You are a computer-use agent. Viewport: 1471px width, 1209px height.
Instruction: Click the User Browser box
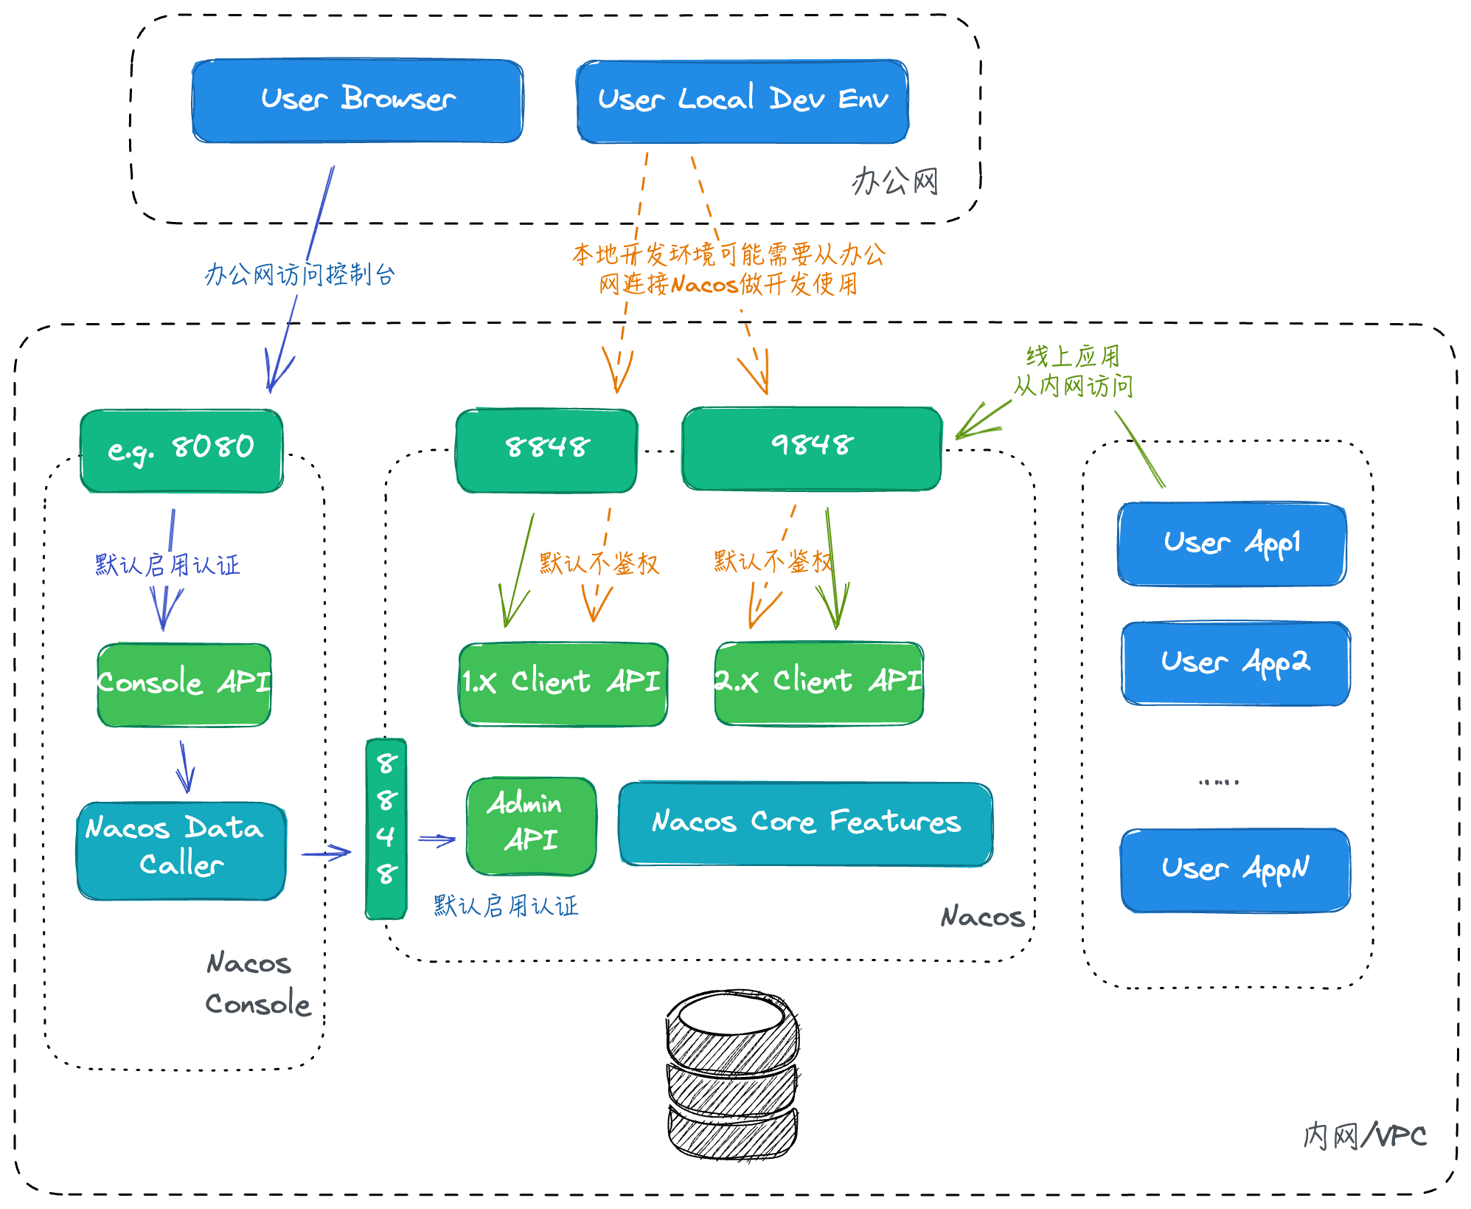[x=358, y=100]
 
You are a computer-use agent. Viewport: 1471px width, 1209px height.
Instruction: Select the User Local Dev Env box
[x=743, y=101]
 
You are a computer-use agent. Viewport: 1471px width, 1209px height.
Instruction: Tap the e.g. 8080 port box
[x=181, y=450]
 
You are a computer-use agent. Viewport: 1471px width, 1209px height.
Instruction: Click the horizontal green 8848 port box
[x=546, y=450]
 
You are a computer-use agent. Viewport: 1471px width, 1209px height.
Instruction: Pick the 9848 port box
[x=812, y=448]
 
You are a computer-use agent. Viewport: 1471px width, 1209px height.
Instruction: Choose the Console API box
[x=184, y=684]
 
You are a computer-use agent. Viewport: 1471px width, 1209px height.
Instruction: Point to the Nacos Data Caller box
[x=181, y=850]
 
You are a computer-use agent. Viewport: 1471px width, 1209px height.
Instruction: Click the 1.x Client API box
[x=563, y=683]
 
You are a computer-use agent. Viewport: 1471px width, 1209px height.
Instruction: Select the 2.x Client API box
[x=818, y=682]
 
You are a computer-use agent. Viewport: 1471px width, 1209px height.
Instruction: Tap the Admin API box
[x=531, y=825]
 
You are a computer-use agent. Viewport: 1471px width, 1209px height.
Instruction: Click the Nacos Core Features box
[x=805, y=822]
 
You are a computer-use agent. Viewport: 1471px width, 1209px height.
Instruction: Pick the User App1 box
[x=1232, y=544]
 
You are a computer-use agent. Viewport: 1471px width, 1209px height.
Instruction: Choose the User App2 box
[x=1236, y=662]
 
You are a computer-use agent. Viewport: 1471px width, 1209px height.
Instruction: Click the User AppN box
[x=1235, y=869]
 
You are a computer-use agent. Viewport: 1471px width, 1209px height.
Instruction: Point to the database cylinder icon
[x=732, y=1074]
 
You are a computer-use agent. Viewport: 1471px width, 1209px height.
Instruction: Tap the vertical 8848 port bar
[x=386, y=828]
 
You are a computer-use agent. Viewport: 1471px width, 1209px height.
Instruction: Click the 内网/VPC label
[x=1364, y=1136]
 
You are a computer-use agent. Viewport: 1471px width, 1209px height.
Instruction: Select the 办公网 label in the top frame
[x=895, y=181]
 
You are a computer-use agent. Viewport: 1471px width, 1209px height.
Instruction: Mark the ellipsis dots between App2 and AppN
[x=1219, y=781]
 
